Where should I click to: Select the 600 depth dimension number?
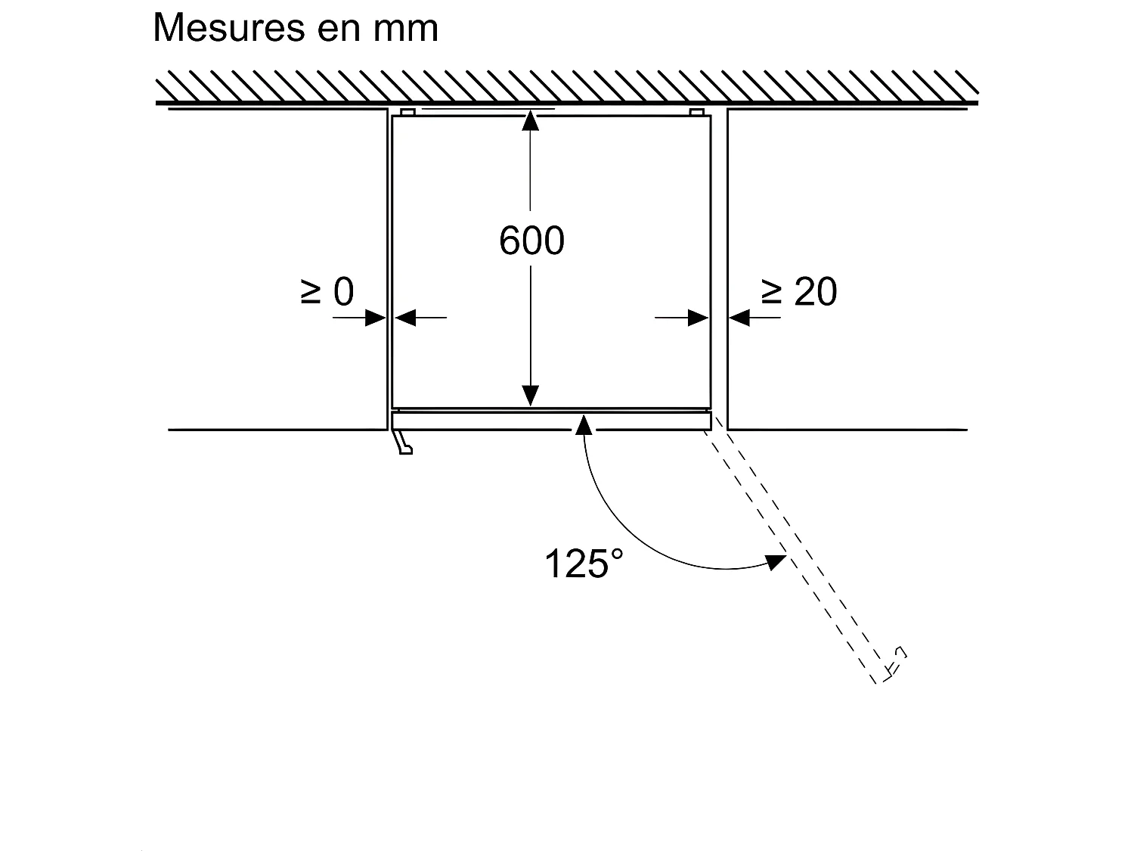(x=531, y=241)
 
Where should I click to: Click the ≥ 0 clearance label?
(x=327, y=292)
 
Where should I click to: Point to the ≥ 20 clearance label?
(x=798, y=292)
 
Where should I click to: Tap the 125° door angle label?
(x=584, y=564)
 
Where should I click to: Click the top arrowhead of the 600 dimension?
(x=531, y=120)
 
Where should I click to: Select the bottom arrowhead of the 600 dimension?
(x=531, y=396)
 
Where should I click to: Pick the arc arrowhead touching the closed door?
(x=583, y=424)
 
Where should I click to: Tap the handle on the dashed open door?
(x=897, y=660)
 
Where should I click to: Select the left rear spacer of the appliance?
(x=408, y=113)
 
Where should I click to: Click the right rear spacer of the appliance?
(x=697, y=113)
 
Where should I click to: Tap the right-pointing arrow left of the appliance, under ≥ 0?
(x=375, y=318)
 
